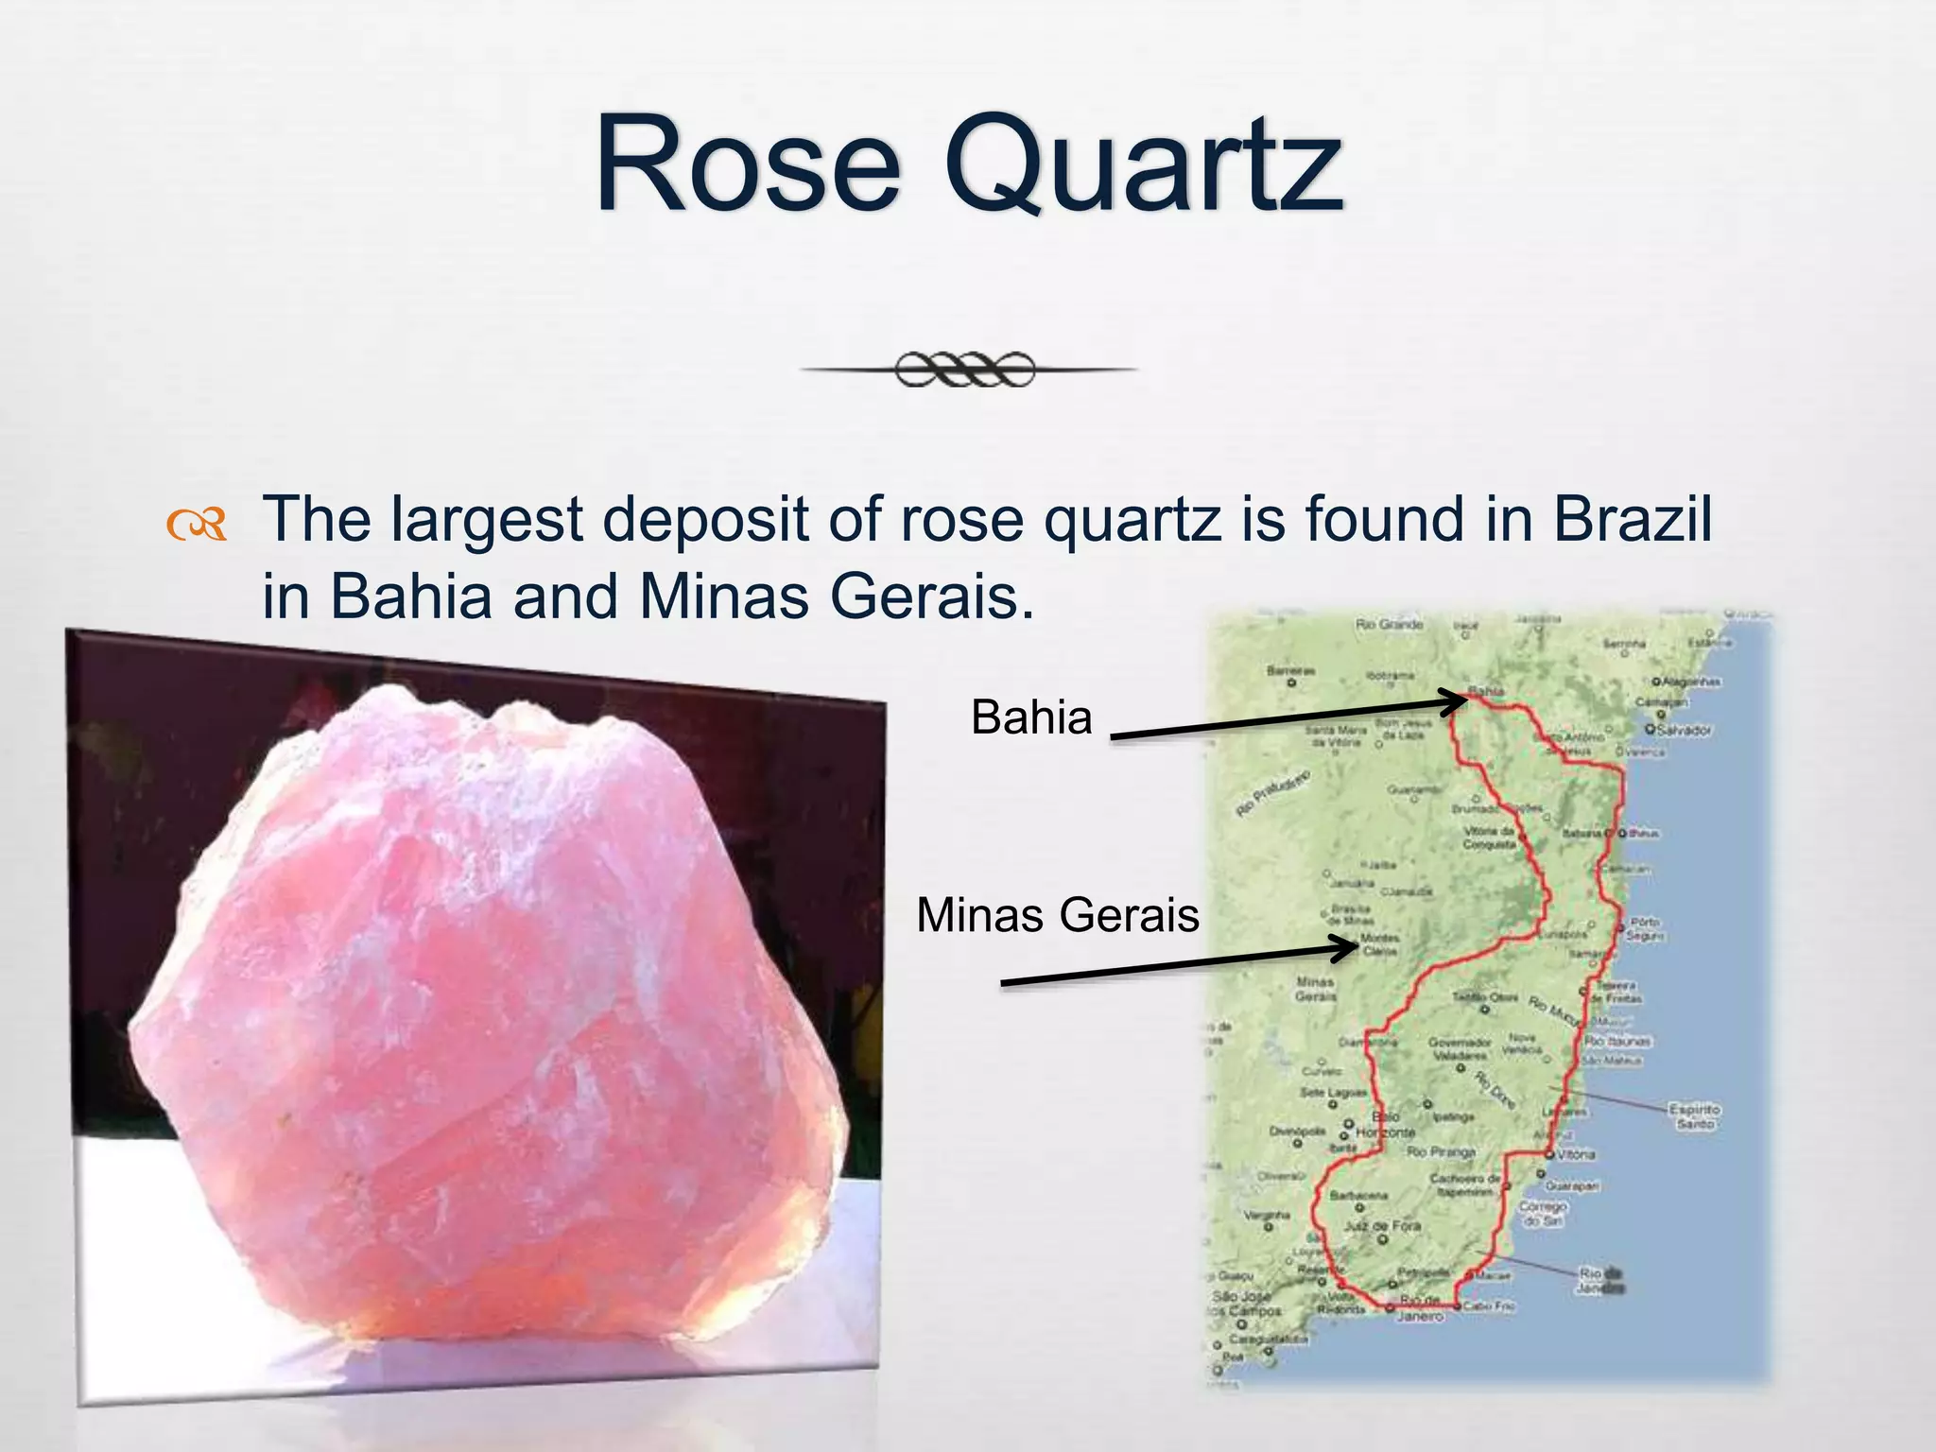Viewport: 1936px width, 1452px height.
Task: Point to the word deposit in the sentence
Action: (705, 521)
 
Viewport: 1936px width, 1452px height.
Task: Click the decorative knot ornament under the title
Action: (966, 370)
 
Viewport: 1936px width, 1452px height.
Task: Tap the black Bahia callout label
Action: (1031, 717)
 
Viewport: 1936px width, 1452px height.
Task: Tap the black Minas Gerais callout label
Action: (1058, 915)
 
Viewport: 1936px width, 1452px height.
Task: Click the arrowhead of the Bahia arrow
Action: (1456, 702)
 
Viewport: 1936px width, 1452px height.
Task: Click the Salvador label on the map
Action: (1684, 730)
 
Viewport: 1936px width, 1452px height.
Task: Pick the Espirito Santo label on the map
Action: (1694, 1115)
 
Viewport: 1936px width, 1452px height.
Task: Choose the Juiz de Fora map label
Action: (1382, 1226)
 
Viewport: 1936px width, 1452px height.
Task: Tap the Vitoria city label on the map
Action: (1575, 1154)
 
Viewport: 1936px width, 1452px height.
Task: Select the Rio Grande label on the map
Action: (1389, 625)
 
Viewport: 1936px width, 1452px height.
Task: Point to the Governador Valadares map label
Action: (1461, 1048)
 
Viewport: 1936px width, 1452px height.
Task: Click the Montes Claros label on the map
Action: (1379, 944)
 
